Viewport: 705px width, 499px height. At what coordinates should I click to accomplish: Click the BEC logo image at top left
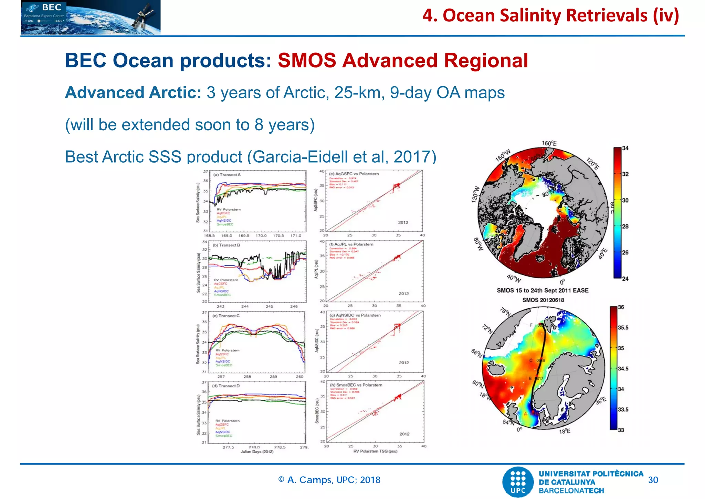pyautogui.click(x=91, y=17)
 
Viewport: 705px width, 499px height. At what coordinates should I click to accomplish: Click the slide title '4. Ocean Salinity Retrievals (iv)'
pyautogui.click(x=550, y=16)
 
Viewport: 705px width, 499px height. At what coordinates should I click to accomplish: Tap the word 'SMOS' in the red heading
pyautogui.click(x=307, y=61)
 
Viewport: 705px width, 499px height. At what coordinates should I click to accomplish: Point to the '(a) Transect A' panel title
pyautogui.click(x=227, y=175)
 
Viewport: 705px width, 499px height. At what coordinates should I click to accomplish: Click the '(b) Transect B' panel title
pyautogui.click(x=226, y=245)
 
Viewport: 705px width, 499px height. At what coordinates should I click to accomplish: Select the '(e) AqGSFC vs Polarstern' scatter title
pyautogui.click(x=354, y=174)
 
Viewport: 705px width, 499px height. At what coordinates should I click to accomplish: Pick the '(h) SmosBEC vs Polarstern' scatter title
pyautogui.click(x=356, y=385)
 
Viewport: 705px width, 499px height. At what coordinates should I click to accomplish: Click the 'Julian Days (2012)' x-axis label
pyautogui.click(x=257, y=452)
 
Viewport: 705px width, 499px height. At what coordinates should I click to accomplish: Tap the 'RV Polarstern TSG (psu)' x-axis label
pyautogui.click(x=375, y=451)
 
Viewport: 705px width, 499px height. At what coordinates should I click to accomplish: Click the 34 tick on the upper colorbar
pyautogui.click(x=625, y=148)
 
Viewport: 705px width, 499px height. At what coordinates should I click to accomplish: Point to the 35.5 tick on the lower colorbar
pyautogui.click(x=623, y=327)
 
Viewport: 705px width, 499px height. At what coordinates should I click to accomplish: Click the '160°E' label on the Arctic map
pyautogui.click(x=549, y=143)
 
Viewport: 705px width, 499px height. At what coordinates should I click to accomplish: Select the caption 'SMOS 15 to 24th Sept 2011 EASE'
pyautogui.click(x=543, y=291)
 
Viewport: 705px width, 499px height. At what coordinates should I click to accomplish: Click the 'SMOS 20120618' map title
pyautogui.click(x=543, y=300)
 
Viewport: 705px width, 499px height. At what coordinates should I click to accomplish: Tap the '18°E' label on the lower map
pyautogui.click(x=565, y=431)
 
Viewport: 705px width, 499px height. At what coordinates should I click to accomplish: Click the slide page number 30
pyautogui.click(x=653, y=480)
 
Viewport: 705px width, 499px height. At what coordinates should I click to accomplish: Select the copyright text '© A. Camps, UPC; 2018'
pyautogui.click(x=329, y=480)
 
